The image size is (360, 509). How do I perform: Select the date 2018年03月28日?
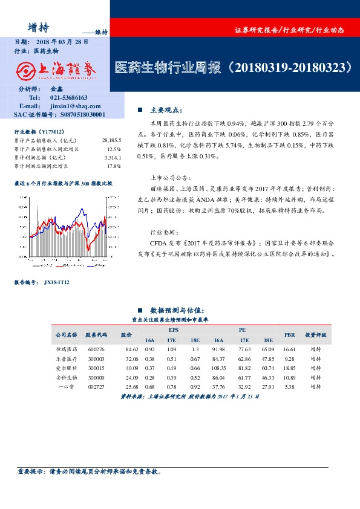62,42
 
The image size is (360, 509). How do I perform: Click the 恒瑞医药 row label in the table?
67,349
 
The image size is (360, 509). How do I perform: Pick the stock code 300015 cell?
96,368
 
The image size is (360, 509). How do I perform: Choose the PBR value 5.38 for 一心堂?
289,386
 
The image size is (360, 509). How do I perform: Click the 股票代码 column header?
96,334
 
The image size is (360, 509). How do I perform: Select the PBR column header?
289,334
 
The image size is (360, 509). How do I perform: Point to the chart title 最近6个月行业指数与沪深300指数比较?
63,182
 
